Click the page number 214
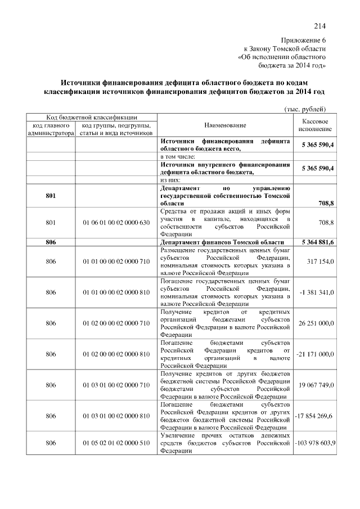coord(320,25)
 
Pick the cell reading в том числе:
coord(178,156)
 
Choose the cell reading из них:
coord(173,179)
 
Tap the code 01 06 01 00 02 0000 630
coord(116,223)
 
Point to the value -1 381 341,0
coord(317,292)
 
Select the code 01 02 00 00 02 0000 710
coord(116,323)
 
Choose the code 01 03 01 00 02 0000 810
coord(116,416)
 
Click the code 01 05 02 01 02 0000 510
coord(116,443)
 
